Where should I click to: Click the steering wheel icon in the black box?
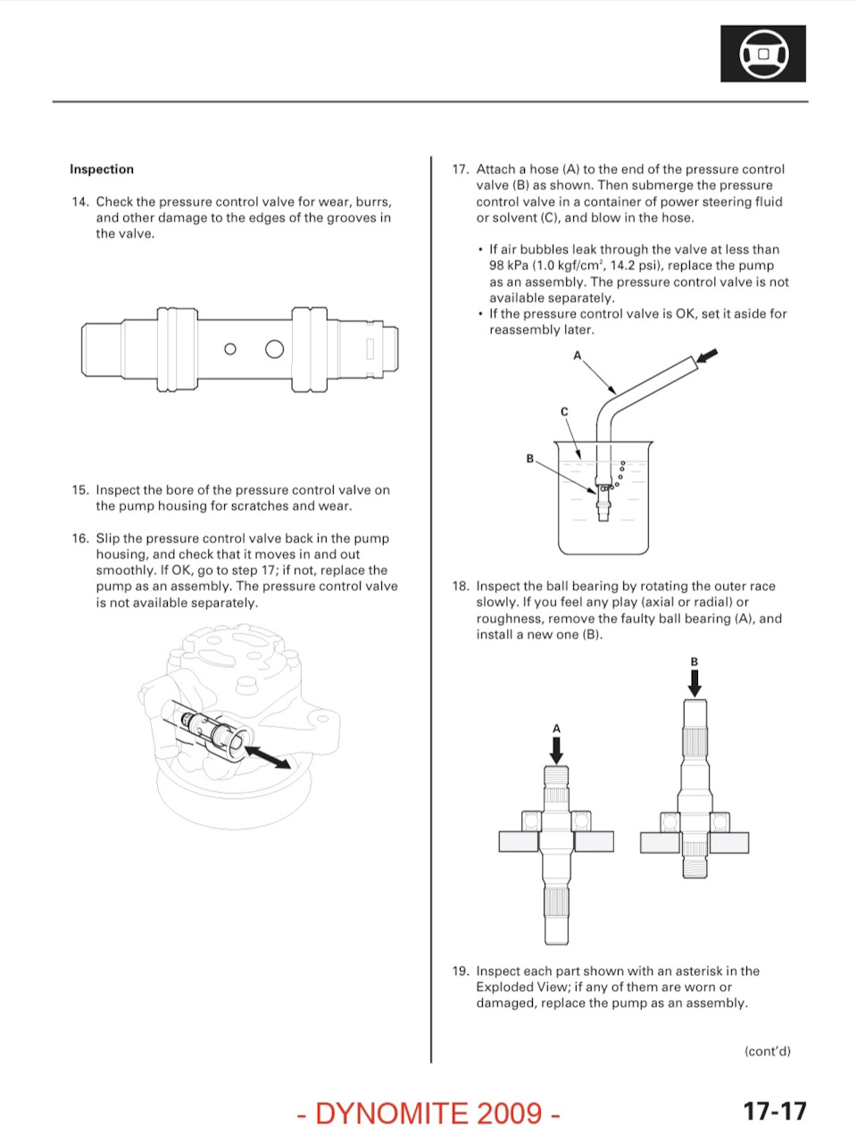point(763,54)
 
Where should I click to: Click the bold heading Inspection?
point(102,170)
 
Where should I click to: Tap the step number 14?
point(80,202)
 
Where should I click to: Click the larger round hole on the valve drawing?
point(275,348)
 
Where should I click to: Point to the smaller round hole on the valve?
point(230,349)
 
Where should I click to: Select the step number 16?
point(80,538)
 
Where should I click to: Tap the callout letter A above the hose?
point(578,356)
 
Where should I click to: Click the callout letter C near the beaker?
point(564,412)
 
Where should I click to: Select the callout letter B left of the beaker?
point(530,458)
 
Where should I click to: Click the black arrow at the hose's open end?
point(707,356)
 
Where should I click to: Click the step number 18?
point(461,587)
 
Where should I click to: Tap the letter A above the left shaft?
point(556,729)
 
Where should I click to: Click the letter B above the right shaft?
point(695,662)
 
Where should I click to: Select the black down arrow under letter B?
point(695,683)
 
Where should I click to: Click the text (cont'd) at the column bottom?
point(768,1052)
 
